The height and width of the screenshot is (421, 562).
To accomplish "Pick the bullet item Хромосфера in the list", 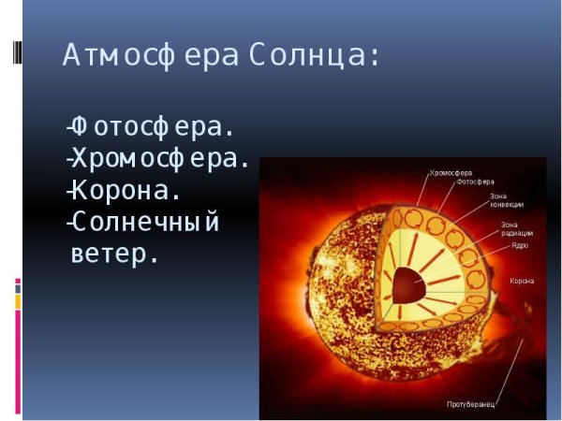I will point(159,158).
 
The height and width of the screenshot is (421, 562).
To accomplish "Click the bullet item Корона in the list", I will point(126,191).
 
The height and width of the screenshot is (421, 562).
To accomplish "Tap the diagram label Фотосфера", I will point(475,182).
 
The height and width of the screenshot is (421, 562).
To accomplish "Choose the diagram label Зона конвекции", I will point(506,200).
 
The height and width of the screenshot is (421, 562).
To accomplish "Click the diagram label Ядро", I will point(520,245).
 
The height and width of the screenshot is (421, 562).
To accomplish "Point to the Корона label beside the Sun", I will point(522,280).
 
